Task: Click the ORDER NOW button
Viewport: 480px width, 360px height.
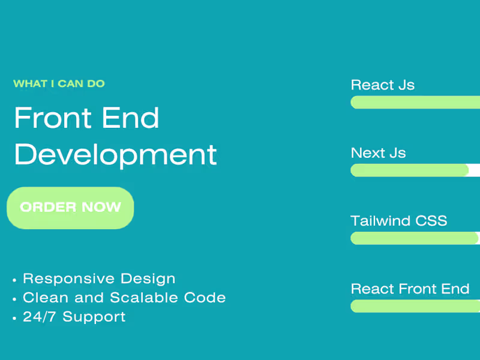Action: (x=70, y=208)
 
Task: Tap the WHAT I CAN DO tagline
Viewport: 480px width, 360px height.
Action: (x=59, y=83)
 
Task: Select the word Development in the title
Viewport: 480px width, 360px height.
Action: (x=115, y=154)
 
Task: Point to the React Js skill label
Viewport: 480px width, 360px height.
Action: (x=382, y=85)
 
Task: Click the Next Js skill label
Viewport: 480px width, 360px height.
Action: (x=378, y=153)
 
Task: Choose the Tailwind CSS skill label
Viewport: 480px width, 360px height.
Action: (x=398, y=221)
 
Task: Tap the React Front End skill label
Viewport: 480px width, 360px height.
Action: (x=410, y=289)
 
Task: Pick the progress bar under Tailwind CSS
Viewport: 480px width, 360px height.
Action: (x=415, y=238)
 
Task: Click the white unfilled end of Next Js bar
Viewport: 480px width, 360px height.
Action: (x=475, y=170)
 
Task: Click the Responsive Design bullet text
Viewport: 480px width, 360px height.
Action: (x=99, y=278)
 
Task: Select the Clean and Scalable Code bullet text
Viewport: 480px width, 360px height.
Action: (x=124, y=298)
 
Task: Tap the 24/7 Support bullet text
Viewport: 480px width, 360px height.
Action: (x=74, y=317)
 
